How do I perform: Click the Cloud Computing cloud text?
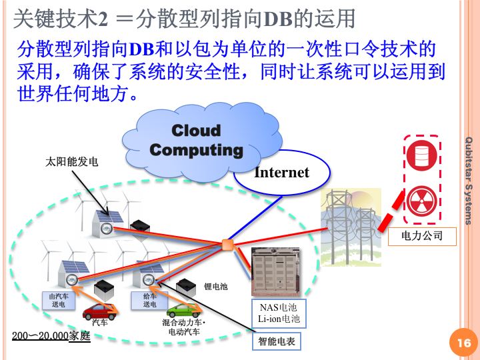pyautogui.click(x=196, y=140)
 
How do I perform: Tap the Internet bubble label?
pyautogui.click(x=282, y=173)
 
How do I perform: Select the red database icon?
pyautogui.click(x=421, y=155)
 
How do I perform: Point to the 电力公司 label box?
pyautogui.click(x=422, y=236)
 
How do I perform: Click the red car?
pyautogui.click(x=99, y=310)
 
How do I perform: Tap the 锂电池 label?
pyautogui.click(x=215, y=287)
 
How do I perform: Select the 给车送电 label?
pyautogui.click(x=150, y=300)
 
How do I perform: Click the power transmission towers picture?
pyautogui.click(x=351, y=227)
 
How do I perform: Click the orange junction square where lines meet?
pyautogui.click(x=227, y=245)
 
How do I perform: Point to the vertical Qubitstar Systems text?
pyautogui.click(x=469, y=180)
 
